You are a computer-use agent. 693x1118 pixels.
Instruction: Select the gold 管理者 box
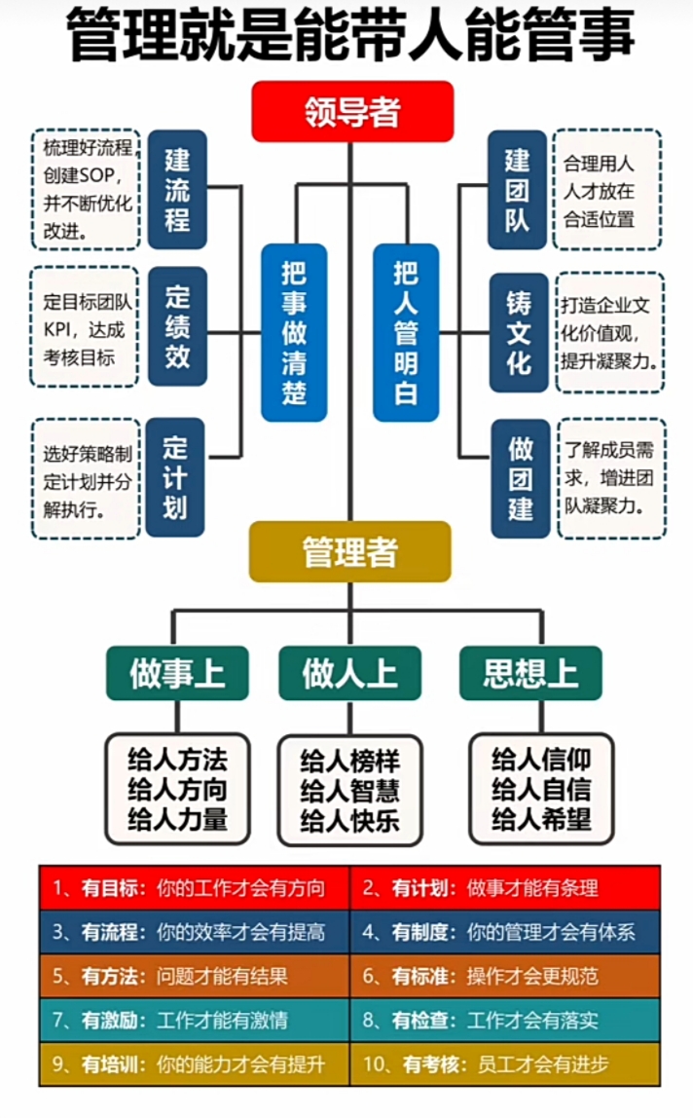click(x=349, y=552)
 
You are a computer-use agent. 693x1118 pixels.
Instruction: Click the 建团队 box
click(x=518, y=189)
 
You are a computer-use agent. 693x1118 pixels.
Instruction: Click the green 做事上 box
click(x=176, y=673)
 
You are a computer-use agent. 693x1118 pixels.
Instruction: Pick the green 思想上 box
click(x=530, y=673)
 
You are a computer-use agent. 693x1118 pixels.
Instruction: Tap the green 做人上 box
click(x=349, y=673)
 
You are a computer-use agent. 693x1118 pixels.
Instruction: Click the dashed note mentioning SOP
click(x=87, y=189)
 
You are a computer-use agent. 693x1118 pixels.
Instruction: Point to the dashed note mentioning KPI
click(x=86, y=326)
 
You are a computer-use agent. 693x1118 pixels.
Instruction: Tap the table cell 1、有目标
click(x=195, y=887)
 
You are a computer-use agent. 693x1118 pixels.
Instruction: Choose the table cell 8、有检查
click(x=504, y=1020)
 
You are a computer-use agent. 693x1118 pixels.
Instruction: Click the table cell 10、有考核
click(x=504, y=1064)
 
